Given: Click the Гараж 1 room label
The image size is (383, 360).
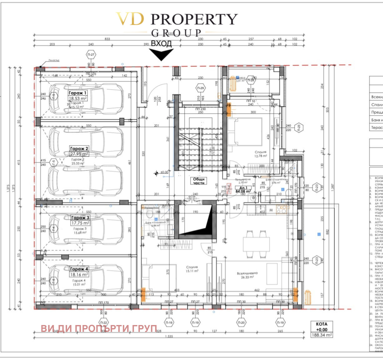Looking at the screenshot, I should pyautogui.click(x=77, y=93).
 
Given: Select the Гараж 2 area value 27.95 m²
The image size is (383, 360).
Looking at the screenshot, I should pyautogui.click(x=79, y=154).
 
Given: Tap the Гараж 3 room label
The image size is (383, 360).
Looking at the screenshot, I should pyautogui.click(x=80, y=218).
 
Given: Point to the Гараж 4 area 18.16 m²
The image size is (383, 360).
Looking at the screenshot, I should pyautogui.click(x=79, y=274).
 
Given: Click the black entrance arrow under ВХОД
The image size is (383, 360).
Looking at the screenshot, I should pyautogui.click(x=162, y=54).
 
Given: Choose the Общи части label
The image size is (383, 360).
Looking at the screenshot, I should pyautogui.click(x=199, y=181).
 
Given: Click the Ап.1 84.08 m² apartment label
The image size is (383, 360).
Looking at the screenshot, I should pyautogui.click(x=243, y=190).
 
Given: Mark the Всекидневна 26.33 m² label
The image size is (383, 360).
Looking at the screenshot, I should pyautogui.click(x=247, y=275).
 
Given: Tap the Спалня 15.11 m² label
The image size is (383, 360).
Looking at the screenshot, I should pyautogui.click(x=192, y=269).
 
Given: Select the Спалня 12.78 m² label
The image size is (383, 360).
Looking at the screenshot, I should pyautogui.click(x=261, y=154).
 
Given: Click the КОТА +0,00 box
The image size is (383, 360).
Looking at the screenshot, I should pyautogui.click(x=321, y=327).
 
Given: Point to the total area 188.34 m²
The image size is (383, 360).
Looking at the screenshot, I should pyautogui.click(x=321, y=335).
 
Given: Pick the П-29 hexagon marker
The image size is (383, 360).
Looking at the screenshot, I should pyautogui.click(x=201, y=88).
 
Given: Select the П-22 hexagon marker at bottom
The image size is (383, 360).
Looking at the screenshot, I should pyautogui.click(x=103, y=322).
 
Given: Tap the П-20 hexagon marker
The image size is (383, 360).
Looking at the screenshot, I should pyautogui.click(x=241, y=322).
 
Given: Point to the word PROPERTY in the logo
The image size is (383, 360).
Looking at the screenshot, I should pyautogui.click(x=194, y=19).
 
